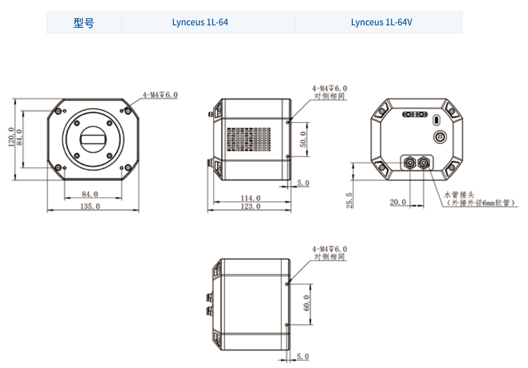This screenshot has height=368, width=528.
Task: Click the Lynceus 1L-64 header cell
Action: point(209,22)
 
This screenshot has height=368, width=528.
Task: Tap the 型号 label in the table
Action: point(84,22)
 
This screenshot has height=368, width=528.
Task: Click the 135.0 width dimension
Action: point(90,206)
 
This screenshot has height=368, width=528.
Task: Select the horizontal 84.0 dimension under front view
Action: point(90,194)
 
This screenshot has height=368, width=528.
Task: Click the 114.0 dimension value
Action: point(249,198)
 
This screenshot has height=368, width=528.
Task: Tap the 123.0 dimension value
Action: point(249,206)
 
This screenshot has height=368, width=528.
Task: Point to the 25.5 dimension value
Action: point(350,200)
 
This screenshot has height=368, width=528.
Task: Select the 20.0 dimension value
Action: point(398,202)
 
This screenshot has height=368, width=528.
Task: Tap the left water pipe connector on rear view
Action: point(409,161)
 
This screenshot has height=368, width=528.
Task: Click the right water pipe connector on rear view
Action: point(424,161)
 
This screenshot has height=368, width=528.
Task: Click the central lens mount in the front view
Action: point(92,139)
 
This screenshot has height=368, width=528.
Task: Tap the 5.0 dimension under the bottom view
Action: point(303,357)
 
